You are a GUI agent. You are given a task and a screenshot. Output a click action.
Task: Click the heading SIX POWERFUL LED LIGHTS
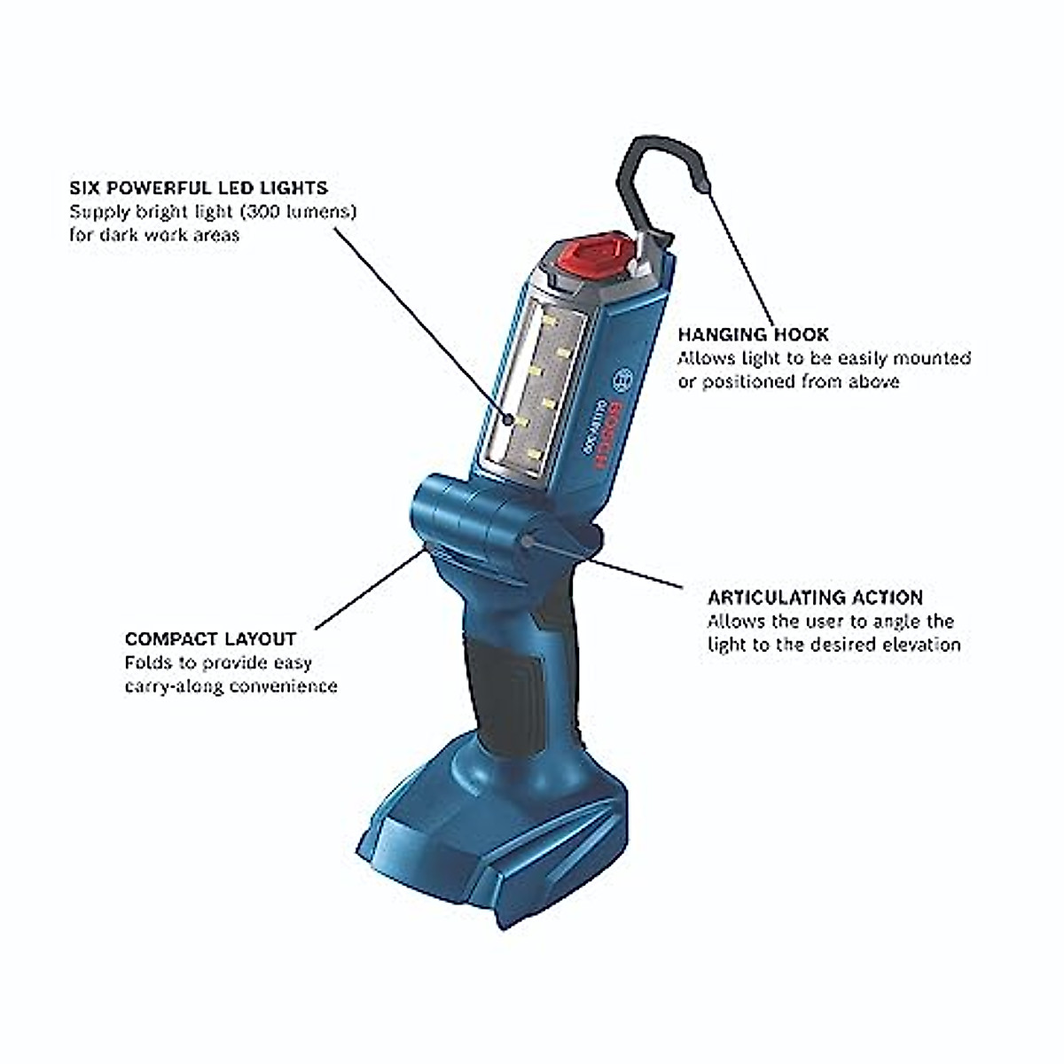click(199, 188)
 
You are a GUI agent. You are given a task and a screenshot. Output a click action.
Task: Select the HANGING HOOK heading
click(753, 334)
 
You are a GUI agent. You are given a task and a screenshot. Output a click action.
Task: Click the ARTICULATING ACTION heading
click(815, 597)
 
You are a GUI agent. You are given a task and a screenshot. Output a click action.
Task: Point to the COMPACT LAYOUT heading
click(210, 638)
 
